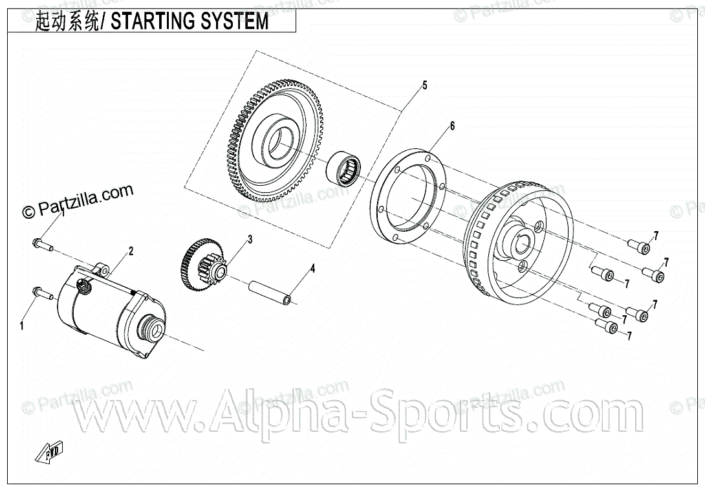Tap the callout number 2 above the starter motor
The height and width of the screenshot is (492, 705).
pos(131,251)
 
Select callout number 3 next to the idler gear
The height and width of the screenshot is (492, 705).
pos(249,240)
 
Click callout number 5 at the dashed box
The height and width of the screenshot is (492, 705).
pos(424,85)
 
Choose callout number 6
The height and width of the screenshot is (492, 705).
pos(452,126)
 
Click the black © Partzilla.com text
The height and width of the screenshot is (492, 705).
pos(78,201)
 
